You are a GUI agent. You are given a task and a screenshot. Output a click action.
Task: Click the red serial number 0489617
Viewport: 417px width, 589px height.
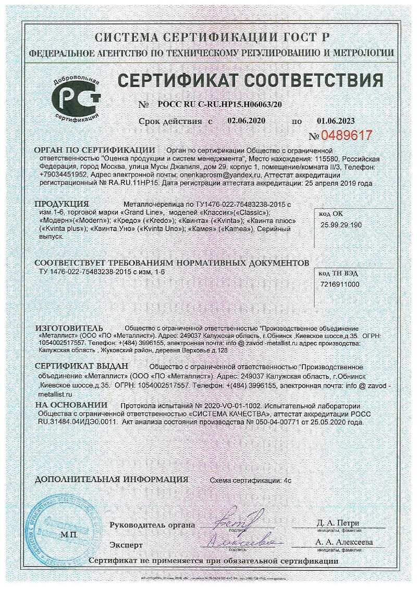(347, 136)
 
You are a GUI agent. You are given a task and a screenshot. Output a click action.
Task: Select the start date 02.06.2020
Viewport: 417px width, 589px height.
(247, 121)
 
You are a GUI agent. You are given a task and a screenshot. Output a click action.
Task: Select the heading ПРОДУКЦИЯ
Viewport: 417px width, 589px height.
(62, 204)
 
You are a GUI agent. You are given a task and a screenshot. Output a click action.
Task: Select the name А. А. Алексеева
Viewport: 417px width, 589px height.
(344, 542)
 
